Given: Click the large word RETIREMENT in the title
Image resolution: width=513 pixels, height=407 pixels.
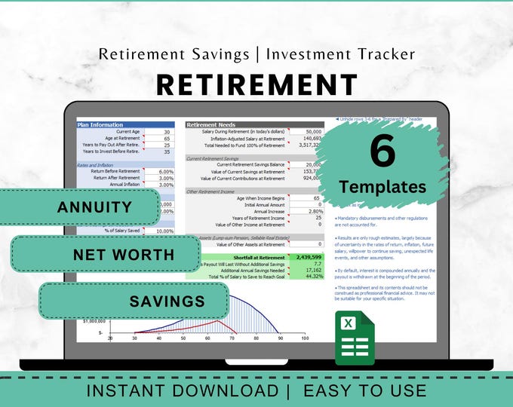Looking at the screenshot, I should pyautogui.click(x=256, y=84).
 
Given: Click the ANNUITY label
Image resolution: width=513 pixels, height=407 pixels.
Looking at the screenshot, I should pyautogui.click(x=94, y=207).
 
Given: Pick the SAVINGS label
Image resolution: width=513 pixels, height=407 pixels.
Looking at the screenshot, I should pyautogui.click(x=156, y=301).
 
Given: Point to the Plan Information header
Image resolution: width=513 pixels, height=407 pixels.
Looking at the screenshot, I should pyautogui.click(x=100, y=124).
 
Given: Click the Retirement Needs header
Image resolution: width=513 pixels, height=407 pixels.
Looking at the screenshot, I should pyautogui.click(x=211, y=124).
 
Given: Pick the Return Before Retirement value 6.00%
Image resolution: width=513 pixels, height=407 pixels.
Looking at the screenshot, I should pyautogui.click(x=165, y=172).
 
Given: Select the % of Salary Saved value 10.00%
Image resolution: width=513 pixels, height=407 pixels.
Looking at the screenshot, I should pyautogui.click(x=164, y=231).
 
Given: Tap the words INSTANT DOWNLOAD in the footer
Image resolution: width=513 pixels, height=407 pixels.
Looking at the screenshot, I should pyautogui.click(x=182, y=391).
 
